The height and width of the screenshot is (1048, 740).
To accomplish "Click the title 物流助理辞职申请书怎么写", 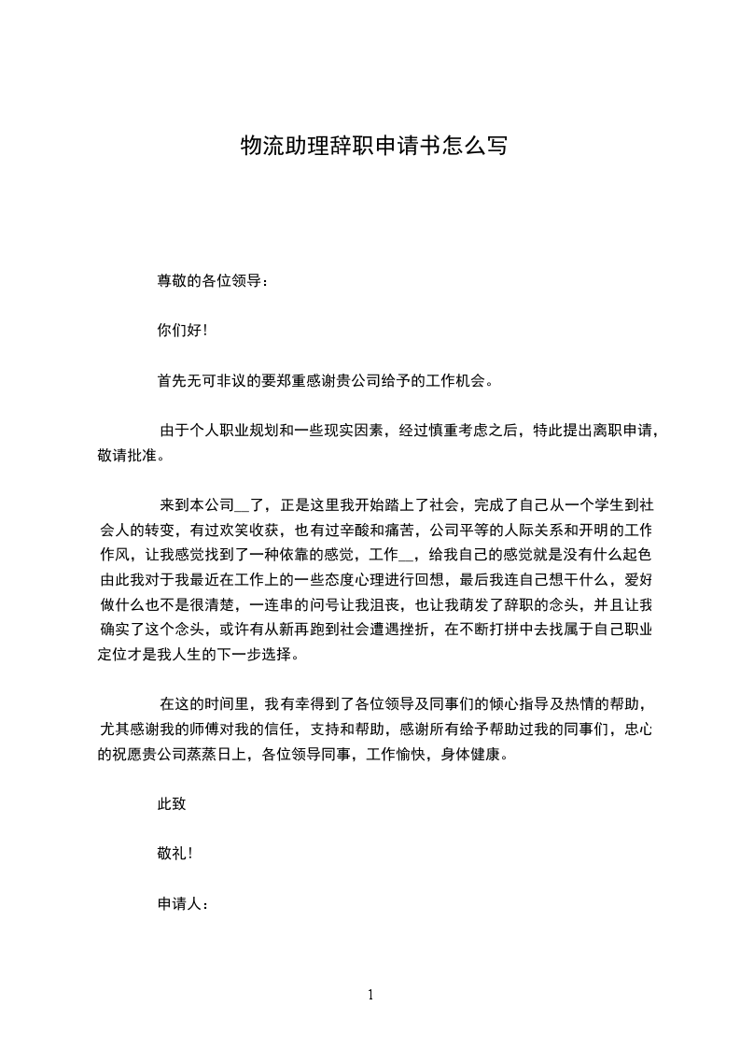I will [x=373, y=147].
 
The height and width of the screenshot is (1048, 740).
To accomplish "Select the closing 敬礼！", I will [x=176, y=854].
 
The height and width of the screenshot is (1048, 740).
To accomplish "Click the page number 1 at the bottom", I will [x=370, y=995].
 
